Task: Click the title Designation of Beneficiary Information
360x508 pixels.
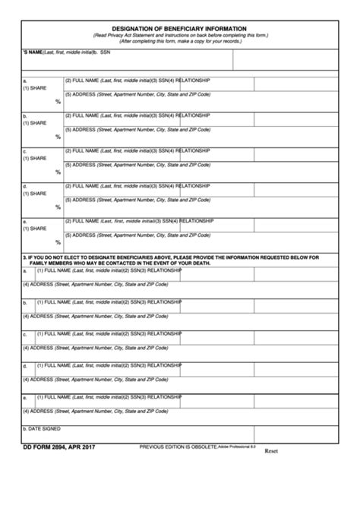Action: point(180,27)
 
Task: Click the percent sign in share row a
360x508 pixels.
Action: point(58,101)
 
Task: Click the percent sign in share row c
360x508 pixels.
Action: point(58,172)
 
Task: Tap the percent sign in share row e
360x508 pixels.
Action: point(58,242)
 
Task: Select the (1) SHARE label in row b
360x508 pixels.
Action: point(35,123)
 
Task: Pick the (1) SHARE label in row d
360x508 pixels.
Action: point(35,194)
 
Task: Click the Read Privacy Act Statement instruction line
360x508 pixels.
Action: point(180,36)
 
